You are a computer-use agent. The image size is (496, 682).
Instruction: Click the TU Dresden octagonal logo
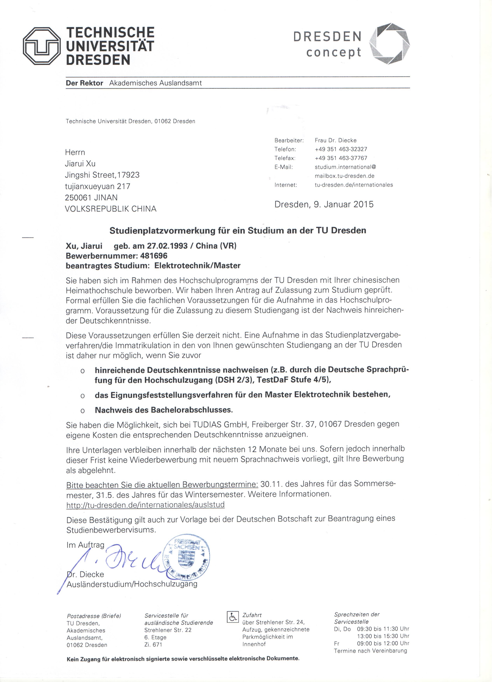41,47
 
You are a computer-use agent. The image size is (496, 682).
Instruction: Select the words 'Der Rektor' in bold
84,83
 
